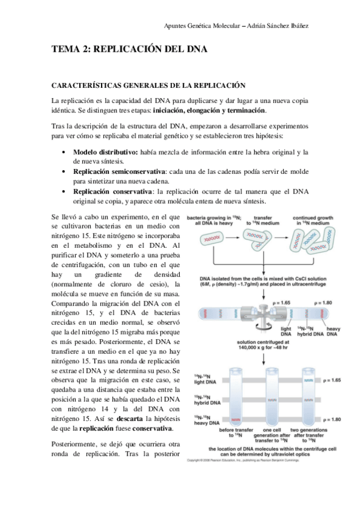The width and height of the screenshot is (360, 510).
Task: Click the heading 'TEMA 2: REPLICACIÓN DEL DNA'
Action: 129,51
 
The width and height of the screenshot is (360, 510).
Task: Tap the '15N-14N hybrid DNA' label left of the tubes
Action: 204,399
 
